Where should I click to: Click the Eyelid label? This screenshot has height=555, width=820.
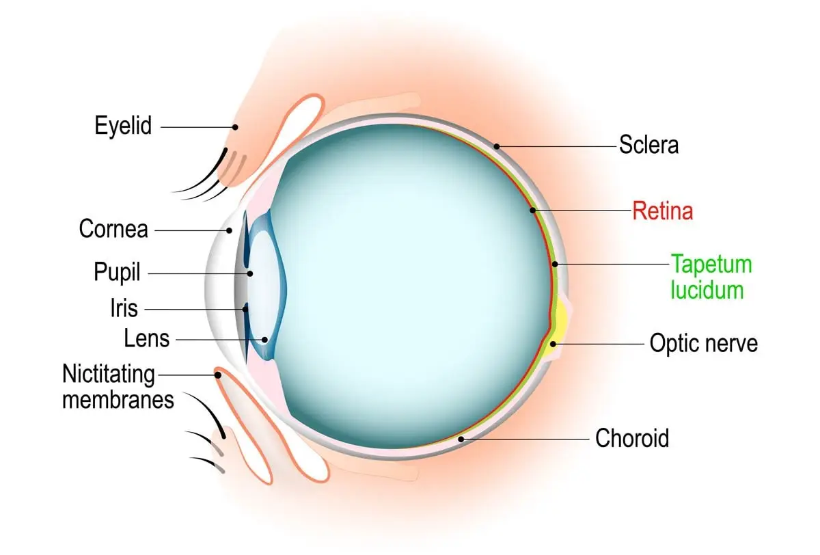pyautogui.click(x=123, y=126)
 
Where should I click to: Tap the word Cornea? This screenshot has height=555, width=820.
pyautogui.click(x=113, y=228)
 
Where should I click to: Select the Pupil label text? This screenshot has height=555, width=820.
pyautogui.click(x=117, y=272)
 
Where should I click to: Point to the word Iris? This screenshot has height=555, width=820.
pyautogui.click(x=123, y=308)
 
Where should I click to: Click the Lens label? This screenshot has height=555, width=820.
pyautogui.click(x=146, y=338)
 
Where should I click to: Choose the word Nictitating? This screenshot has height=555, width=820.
pyautogui.click(x=109, y=375)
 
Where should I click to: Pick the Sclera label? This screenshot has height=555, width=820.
pyautogui.click(x=648, y=145)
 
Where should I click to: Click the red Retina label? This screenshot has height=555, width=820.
pyautogui.click(x=662, y=211)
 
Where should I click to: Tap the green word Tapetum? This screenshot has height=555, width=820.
pyautogui.click(x=711, y=264)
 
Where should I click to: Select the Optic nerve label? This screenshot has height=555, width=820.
pyautogui.click(x=703, y=342)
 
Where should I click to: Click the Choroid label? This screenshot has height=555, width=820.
pyautogui.click(x=632, y=437)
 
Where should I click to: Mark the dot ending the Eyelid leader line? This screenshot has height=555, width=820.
pyautogui.click(x=235, y=126)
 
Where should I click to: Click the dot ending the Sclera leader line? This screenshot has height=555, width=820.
pyautogui.click(x=497, y=146)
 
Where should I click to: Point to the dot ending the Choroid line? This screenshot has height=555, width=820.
pyautogui.click(x=463, y=438)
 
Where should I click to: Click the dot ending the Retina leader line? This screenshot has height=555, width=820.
pyautogui.click(x=534, y=211)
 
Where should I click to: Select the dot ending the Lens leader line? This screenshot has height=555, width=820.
pyautogui.click(x=265, y=338)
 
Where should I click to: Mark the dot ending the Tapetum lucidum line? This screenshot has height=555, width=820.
pyautogui.click(x=556, y=264)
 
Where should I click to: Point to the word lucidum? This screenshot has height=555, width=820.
pyautogui.click(x=707, y=290)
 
